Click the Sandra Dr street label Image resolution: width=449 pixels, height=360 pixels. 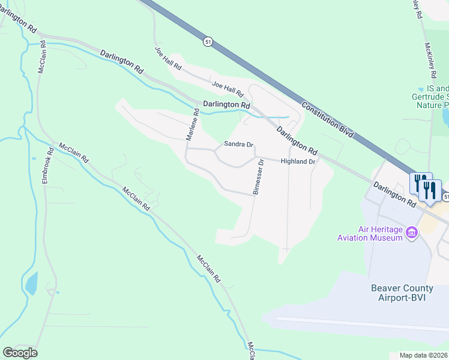[239, 145]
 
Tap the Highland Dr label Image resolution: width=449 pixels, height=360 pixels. [298, 161]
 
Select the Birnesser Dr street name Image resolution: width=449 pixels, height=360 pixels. [258, 177]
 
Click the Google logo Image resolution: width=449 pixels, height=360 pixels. [20, 353]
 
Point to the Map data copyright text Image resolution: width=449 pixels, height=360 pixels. [423, 355]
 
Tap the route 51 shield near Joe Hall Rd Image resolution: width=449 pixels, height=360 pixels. [207, 41]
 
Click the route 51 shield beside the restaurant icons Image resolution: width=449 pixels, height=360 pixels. [445, 197]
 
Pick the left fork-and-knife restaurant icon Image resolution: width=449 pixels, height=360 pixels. [420, 182]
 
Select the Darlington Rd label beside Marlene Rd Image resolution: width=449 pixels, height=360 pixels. [226, 104]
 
